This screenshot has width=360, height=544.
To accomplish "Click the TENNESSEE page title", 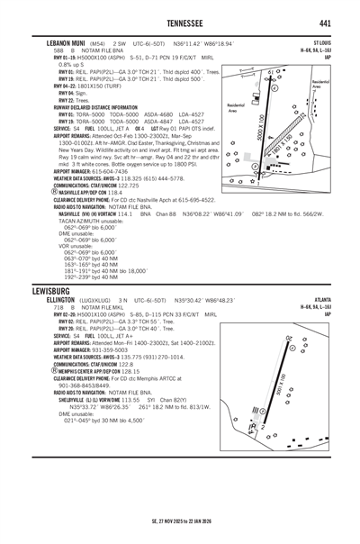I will [x=180, y=23].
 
